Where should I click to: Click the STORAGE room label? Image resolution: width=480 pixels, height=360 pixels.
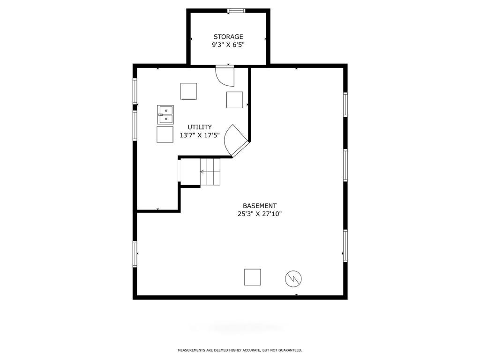click(x=228, y=37)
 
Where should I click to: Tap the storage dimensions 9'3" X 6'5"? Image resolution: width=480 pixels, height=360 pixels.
click(x=228, y=45)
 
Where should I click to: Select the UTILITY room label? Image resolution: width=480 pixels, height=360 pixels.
click(x=200, y=127)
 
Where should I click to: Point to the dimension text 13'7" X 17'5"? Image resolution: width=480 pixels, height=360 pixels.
click(x=200, y=135)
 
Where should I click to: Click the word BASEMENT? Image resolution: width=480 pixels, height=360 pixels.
click(x=260, y=206)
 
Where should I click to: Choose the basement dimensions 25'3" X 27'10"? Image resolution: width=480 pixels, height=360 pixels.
click(x=260, y=214)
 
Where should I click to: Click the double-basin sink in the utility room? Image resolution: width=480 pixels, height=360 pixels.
click(x=165, y=114)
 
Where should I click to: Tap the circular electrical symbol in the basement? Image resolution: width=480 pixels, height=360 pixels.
click(x=293, y=278)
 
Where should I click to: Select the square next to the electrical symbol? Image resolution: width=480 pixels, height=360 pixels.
click(x=253, y=277)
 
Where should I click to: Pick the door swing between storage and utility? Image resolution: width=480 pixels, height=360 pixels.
click(x=225, y=76)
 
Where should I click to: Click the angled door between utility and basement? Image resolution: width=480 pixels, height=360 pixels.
click(x=236, y=141)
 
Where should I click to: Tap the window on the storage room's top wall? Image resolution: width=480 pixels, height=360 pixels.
click(x=236, y=11)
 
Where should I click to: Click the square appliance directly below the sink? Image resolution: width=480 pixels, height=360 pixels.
click(x=165, y=135)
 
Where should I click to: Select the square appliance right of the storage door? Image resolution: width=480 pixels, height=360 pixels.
click(x=234, y=100)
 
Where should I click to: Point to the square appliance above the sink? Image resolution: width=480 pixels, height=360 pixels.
click(x=188, y=91)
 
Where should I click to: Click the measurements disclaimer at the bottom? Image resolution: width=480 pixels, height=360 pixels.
click(x=240, y=350)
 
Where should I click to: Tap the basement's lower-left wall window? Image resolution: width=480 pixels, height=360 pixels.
click(x=135, y=254)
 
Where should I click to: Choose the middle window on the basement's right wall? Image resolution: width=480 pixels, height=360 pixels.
click(x=345, y=165)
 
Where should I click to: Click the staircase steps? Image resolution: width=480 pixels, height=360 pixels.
click(x=210, y=172)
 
